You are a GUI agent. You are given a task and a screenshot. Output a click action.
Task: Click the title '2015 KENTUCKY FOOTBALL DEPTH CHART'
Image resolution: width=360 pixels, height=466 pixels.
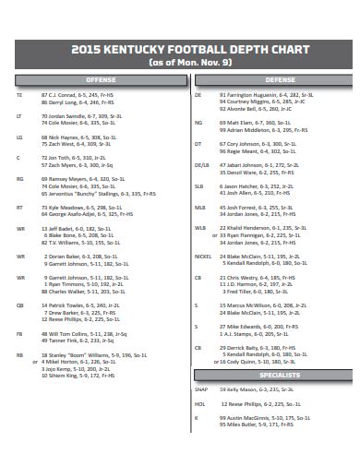click(179, 49)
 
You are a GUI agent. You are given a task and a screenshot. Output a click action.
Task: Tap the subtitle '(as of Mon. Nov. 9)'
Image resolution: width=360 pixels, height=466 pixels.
click(179, 63)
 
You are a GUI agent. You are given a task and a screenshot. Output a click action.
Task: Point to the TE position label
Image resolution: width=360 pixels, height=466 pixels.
click(18, 94)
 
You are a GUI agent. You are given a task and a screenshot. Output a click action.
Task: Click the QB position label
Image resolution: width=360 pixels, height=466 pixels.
click(19, 304)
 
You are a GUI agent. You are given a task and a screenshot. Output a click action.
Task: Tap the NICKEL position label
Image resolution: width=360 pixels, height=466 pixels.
click(200, 256)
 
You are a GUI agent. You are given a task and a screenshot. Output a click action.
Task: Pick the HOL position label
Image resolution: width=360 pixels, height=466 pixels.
click(198, 403)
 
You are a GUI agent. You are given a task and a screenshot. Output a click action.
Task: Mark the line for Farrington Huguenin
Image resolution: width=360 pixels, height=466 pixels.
click(258, 94)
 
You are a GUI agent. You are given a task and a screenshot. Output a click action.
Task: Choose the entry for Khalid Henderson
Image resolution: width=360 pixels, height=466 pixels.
click(263, 228)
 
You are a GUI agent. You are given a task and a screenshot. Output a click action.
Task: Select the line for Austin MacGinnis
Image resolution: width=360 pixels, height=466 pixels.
click(262, 417)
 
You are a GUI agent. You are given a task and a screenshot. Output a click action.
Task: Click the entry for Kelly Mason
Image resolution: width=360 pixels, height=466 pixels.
click(248, 389)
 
